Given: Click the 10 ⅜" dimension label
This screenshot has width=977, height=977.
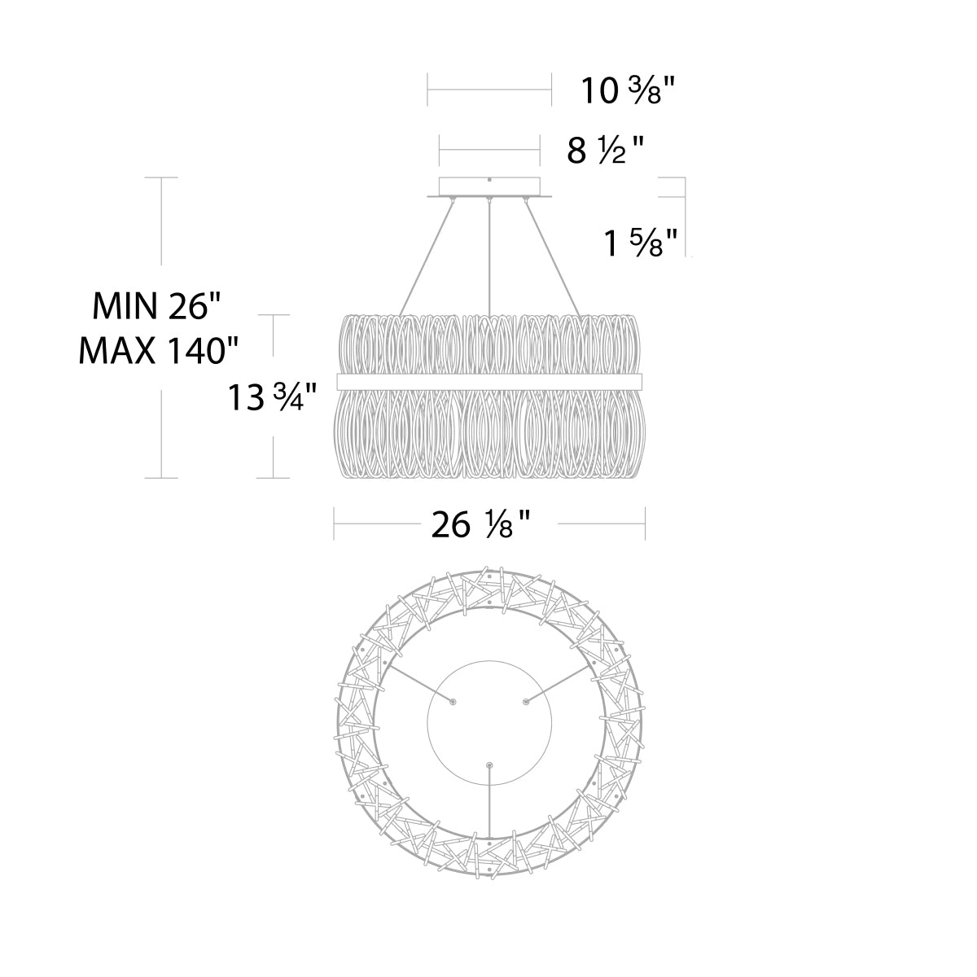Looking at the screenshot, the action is point(628,90).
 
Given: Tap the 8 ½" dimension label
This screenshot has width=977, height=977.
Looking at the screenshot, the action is point(604,151).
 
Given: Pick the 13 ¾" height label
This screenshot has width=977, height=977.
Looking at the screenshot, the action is point(272,396).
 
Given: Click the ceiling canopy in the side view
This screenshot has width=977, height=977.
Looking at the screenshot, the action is point(489,187).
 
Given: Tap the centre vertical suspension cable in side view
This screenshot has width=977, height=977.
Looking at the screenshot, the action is point(488,256).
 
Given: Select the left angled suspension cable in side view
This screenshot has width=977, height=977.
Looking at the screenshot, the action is point(427,256).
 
